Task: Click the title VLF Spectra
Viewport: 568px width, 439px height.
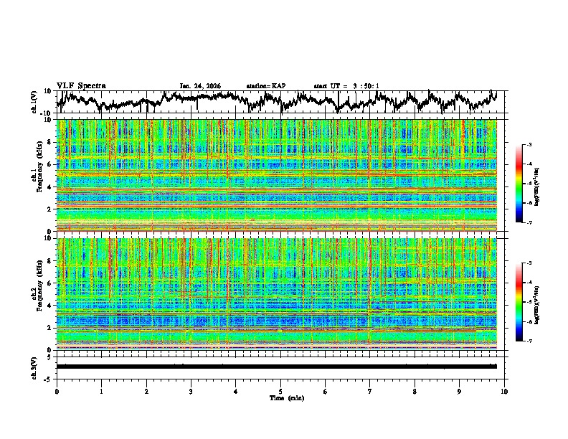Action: tap(81, 85)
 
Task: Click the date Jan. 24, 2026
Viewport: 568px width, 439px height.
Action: tap(200, 86)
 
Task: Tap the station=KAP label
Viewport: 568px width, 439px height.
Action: tap(265, 86)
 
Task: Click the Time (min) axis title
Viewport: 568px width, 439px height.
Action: tap(280, 397)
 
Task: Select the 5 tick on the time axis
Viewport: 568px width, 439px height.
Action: tap(280, 390)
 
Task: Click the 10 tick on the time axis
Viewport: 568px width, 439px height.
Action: tap(504, 390)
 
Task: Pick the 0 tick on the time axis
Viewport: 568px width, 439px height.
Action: tap(57, 390)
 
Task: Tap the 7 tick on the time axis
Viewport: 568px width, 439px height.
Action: tap(370, 390)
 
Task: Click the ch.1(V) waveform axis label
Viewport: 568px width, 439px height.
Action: tap(34, 102)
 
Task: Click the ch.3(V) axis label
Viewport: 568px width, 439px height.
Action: tap(34, 366)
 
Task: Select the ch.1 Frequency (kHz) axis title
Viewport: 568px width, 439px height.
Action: tap(36, 175)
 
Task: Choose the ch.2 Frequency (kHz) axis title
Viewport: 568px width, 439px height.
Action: tap(36, 294)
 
